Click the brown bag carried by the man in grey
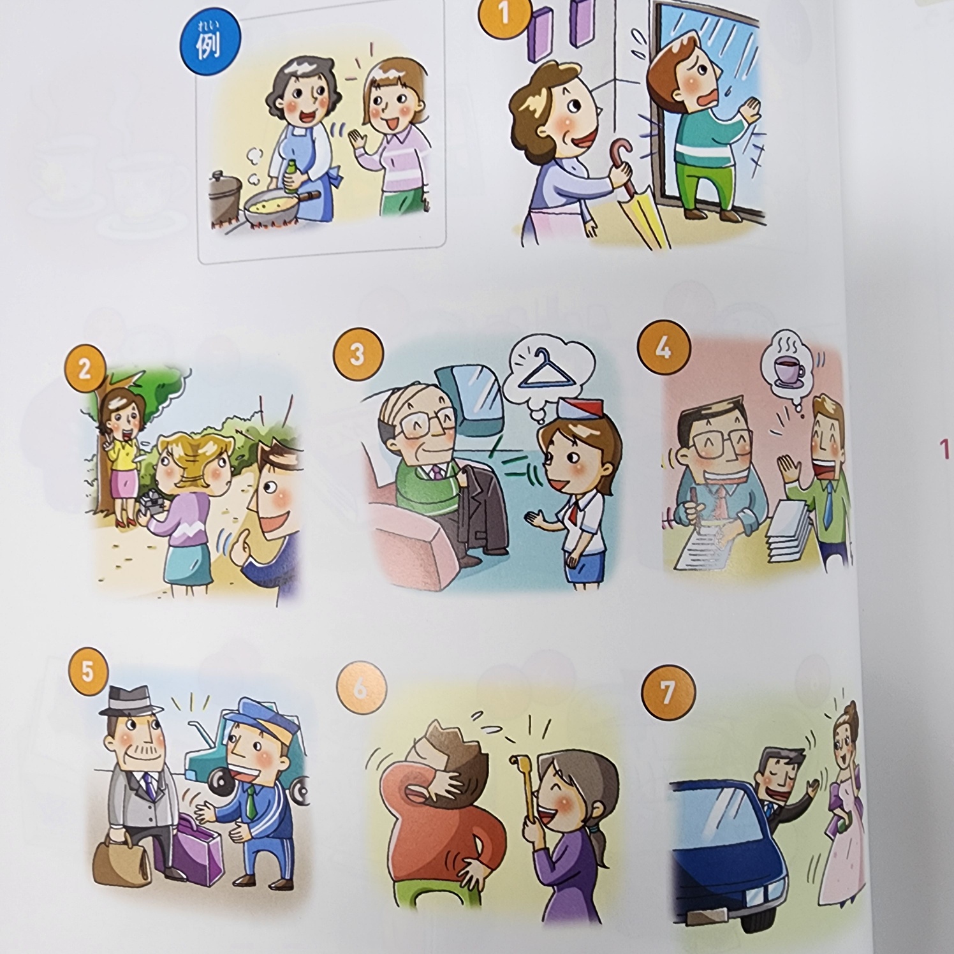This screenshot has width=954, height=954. (122, 855)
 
